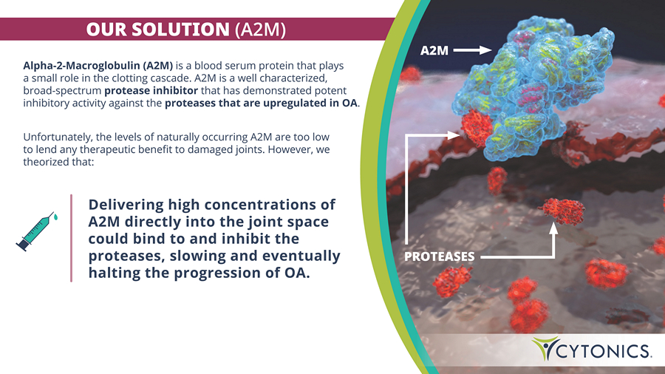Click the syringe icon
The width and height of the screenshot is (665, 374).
click(x=35, y=232)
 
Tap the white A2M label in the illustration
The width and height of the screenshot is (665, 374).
click(x=434, y=51)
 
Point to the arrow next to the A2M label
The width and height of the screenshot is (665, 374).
click(x=472, y=50)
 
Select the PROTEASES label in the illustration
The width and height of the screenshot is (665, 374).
click(x=440, y=256)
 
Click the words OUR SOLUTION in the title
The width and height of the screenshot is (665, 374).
click(x=158, y=30)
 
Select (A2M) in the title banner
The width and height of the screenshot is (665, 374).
click(x=260, y=30)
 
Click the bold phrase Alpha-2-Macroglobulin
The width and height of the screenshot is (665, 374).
click(x=81, y=66)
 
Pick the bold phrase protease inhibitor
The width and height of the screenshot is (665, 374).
click(x=151, y=91)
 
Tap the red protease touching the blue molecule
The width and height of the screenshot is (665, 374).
click(x=477, y=127)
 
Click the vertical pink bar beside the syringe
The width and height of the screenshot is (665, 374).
click(x=71, y=238)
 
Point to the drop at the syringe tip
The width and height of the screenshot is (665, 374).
click(x=55, y=217)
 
